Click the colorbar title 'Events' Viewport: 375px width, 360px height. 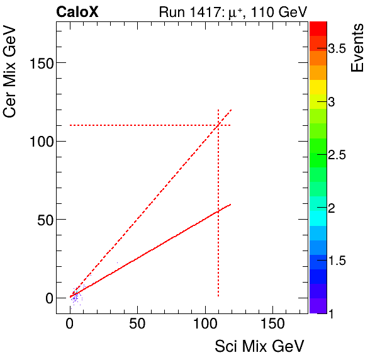[357, 48]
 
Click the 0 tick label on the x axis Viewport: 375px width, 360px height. [70, 325]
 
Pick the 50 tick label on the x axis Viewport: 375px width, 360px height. [137, 325]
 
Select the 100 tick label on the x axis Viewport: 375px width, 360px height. [204, 325]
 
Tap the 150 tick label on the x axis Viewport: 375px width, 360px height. [272, 325]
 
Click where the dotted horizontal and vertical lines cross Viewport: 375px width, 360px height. [218, 125]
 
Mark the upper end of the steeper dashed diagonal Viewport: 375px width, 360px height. [232, 110]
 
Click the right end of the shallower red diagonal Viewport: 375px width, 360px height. [231, 204]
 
